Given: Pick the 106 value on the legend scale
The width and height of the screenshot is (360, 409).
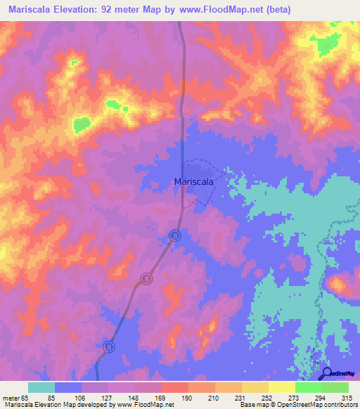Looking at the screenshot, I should (82, 397).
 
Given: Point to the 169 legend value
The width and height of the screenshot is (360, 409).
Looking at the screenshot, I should (162, 397).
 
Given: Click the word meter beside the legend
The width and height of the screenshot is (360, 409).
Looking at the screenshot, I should (10, 397).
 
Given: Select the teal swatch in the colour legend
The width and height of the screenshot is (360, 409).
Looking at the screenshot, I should (41, 387).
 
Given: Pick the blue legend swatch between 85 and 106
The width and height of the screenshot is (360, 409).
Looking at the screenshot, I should (68, 387).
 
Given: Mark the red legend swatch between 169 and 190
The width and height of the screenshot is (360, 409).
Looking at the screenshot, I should (175, 387).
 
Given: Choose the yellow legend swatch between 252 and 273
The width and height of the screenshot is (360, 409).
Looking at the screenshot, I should (282, 387).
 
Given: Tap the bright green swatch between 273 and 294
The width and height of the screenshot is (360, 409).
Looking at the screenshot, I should (309, 387).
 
